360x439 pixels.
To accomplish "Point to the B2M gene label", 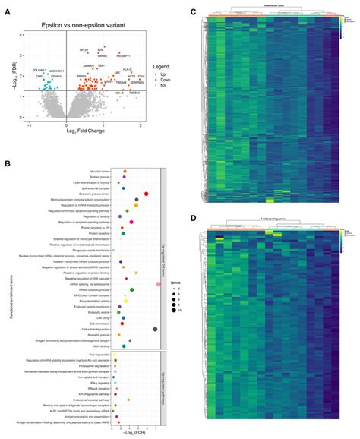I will [100, 49].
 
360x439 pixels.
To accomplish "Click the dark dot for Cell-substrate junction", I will [155, 329].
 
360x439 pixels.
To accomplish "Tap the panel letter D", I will [194, 219].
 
